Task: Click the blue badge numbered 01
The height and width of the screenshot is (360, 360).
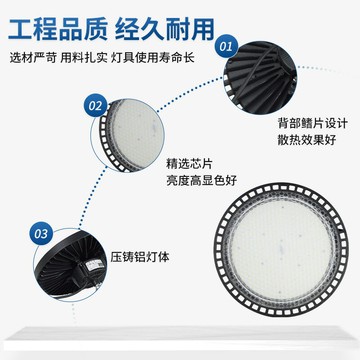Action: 226,46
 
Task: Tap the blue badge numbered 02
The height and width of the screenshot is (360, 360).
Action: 96,105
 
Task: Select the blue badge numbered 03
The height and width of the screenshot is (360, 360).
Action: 41,234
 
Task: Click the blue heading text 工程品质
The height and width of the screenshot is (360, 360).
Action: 58,29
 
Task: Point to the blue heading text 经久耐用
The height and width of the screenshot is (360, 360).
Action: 165,29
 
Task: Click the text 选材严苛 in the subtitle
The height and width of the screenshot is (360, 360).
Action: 33,58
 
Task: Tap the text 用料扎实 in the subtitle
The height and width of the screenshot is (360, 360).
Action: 84,58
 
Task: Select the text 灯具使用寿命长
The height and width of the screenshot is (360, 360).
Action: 153,58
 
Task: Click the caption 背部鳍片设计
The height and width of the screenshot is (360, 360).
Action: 313,123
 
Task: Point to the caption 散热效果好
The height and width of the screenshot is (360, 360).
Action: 307,140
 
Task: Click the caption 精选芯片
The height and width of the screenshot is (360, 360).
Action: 189,164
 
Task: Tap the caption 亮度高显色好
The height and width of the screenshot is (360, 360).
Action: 201,180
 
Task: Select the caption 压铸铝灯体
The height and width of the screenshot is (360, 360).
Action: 140,257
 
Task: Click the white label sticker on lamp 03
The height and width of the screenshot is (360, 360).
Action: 94,265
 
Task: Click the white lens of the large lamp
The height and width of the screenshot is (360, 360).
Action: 282,249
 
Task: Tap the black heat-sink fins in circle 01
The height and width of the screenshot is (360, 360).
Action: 259,78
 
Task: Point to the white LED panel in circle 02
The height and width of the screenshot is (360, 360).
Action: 137,134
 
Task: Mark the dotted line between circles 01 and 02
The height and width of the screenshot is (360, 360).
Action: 189,93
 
